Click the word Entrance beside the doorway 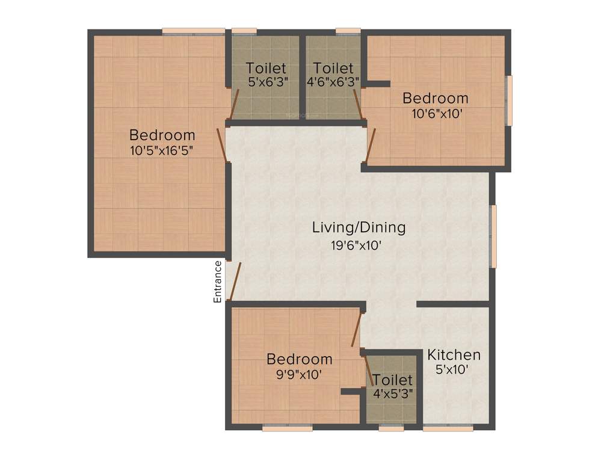click(218, 281)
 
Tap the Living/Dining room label click(359, 228)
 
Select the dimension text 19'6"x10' click(356, 245)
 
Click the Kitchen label click(454, 354)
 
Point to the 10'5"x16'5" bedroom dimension click(162, 150)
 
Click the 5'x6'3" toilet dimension click(266, 82)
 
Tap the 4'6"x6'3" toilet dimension click(333, 82)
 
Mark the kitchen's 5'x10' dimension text click(452, 369)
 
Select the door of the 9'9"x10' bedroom click(357, 328)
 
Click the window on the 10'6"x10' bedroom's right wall click(509, 100)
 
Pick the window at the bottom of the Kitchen click(448, 428)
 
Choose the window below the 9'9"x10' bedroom click(287, 428)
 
